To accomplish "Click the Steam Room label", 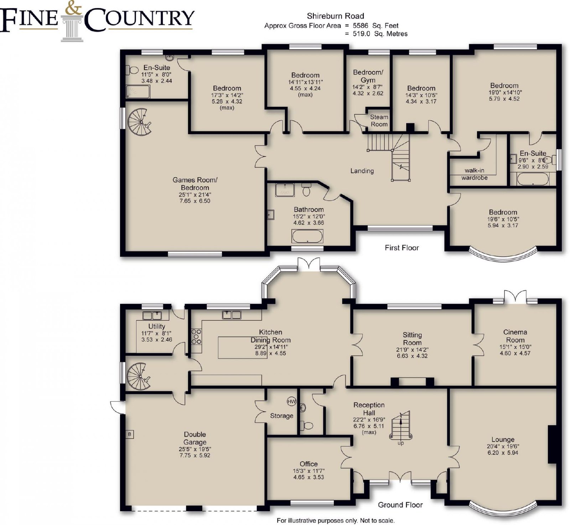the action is tap(379, 120).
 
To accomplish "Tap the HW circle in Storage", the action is tap(291, 401).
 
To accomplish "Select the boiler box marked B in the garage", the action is tap(130, 434).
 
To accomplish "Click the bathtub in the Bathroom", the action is tap(307, 236).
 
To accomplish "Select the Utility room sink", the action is tap(152, 315).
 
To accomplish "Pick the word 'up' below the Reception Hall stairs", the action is tap(401, 443).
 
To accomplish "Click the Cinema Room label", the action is tap(515, 336).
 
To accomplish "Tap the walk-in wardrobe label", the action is tap(474, 174).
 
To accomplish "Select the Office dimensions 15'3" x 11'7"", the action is tap(309, 471).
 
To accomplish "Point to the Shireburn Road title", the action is tap(335, 16).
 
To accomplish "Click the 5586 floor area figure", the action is tap(361, 26).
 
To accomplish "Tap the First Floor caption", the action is tap(401, 248).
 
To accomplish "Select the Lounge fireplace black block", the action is tap(552, 444).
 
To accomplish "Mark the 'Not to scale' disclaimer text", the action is tap(377, 520).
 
